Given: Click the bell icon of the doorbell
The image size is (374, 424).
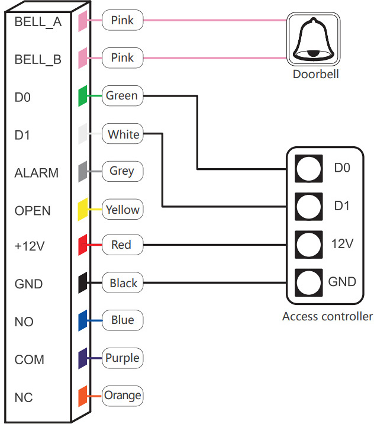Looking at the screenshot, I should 313,39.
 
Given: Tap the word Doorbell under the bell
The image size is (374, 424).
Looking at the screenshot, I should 316,75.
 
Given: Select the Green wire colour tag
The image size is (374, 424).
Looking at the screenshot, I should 121,95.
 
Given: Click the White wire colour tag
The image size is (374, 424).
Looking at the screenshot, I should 123,134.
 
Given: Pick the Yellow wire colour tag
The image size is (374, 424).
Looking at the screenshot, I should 122,210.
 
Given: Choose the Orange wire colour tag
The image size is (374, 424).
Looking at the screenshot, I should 122,395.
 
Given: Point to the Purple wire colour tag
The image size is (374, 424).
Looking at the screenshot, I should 122,358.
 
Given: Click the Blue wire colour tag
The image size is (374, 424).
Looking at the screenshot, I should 122,320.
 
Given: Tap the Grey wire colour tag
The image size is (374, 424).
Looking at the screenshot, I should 122,171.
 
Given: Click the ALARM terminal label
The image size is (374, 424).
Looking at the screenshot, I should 37,174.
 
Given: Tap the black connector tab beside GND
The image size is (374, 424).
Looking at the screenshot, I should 83,282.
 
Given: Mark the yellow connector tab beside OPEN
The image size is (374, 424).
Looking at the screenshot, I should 83,209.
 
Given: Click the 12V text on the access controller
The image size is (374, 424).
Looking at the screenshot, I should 342,243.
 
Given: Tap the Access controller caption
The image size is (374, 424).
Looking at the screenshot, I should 327,316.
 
